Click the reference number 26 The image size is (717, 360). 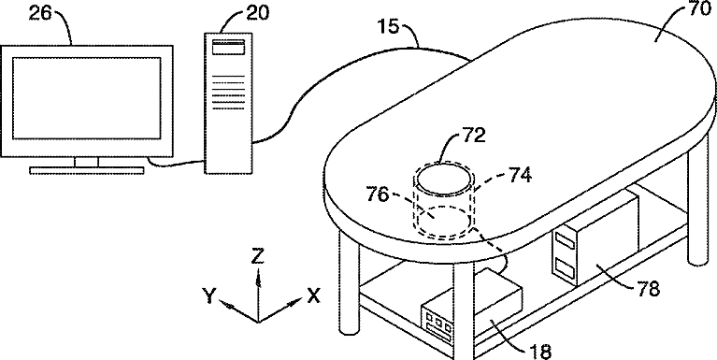point(42,14)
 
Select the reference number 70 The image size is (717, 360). point(699,9)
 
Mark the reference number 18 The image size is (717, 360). point(539,352)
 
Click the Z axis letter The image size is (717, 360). point(258,257)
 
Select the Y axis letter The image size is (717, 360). point(209,296)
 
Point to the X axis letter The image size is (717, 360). point(313,295)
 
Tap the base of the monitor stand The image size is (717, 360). point(87,170)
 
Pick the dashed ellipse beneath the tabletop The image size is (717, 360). point(443,221)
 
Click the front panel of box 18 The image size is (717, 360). point(437,324)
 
